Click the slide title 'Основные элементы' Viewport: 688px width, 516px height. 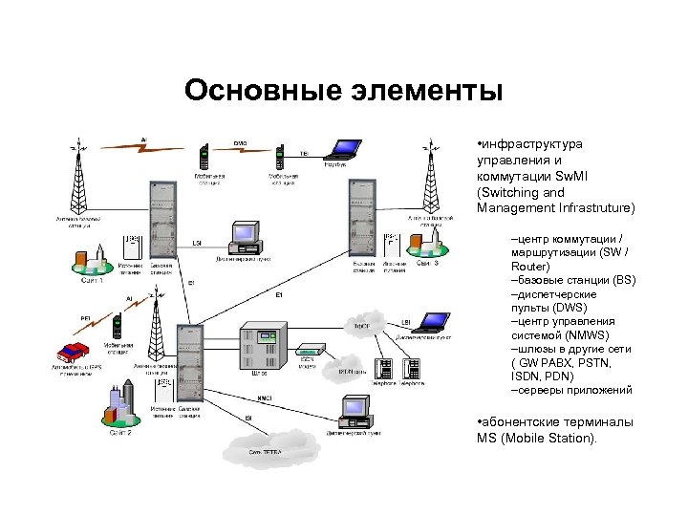(343, 91)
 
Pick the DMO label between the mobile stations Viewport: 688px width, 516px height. (240, 144)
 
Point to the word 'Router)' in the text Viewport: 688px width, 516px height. (530, 267)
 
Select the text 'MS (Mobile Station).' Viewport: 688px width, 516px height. (536, 439)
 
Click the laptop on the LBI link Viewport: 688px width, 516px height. (436, 322)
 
